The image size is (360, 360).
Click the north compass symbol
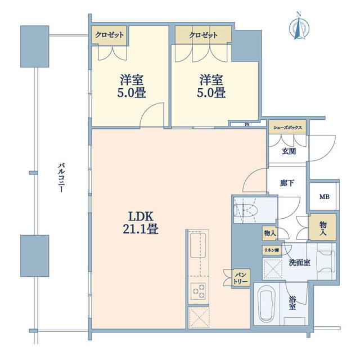(299, 27)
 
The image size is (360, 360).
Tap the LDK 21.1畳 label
(141, 223)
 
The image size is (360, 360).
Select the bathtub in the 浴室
(267, 304)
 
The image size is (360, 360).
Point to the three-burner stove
(199, 291)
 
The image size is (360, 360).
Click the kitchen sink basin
(198, 245)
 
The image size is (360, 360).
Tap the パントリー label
(240, 278)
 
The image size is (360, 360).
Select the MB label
(325, 197)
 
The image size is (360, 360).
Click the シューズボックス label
(287, 128)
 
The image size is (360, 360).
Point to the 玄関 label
(289, 151)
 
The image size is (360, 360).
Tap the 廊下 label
(287, 183)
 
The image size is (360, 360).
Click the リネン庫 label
(272, 250)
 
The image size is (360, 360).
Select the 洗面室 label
(300, 263)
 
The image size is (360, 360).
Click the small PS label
(247, 125)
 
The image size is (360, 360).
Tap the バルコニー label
(61, 178)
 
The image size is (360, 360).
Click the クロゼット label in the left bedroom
(109, 35)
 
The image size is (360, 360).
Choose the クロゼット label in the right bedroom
(203, 35)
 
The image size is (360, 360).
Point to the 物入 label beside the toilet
(270, 233)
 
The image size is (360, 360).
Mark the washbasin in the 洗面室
(326, 262)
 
